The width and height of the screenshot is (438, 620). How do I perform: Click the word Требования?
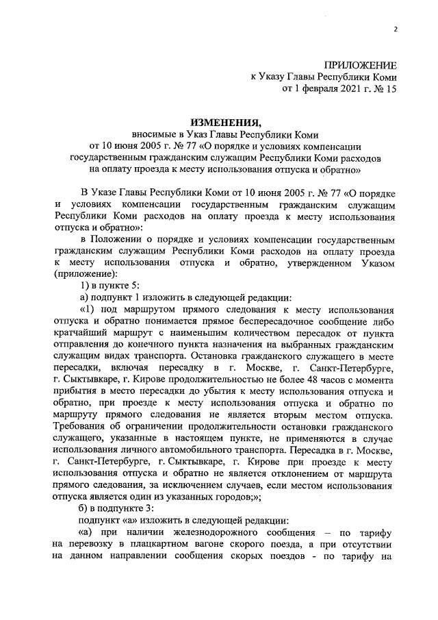(x=83, y=428)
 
